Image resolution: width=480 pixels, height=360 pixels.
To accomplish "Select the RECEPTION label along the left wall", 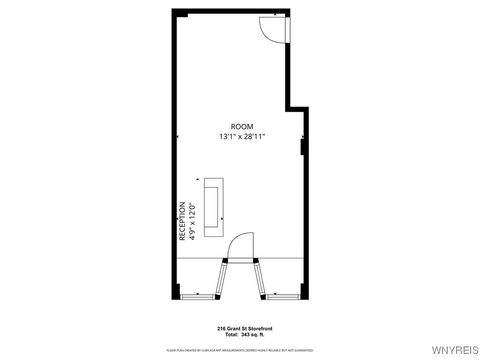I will pyautogui.click(x=183, y=221).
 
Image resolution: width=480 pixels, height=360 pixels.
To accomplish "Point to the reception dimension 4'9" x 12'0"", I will pyautogui.click(x=192, y=221).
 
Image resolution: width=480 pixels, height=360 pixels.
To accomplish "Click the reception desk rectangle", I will pyautogui.click(x=214, y=208).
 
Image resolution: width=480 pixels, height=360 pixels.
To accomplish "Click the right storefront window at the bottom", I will pyautogui.click(x=283, y=296).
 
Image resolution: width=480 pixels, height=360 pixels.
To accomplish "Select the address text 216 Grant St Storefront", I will pyautogui.click(x=239, y=327).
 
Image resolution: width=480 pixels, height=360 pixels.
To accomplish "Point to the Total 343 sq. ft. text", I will pyautogui.click(x=239, y=334).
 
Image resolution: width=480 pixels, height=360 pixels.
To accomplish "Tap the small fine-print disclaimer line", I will pyautogui.click(x=239, y=349).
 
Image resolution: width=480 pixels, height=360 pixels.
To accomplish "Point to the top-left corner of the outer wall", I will pyautogui.click(x=175, y=12).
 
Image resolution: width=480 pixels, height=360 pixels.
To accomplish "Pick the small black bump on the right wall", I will pyautogui.click(x=303, y=148).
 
